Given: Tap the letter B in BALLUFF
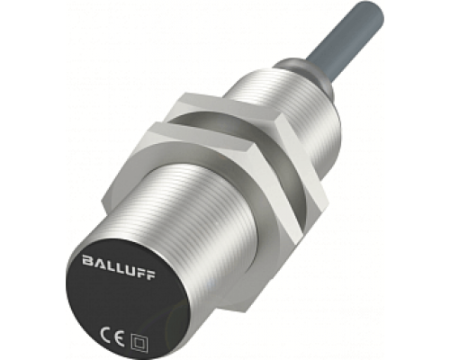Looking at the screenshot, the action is tap(87, 260).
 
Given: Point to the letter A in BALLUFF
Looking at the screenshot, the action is tap(98, 263).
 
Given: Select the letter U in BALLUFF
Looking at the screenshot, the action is tap(129, 269).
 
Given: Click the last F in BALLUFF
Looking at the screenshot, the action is tap(150, 274).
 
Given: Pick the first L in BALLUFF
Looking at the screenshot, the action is tap(109, 265).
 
